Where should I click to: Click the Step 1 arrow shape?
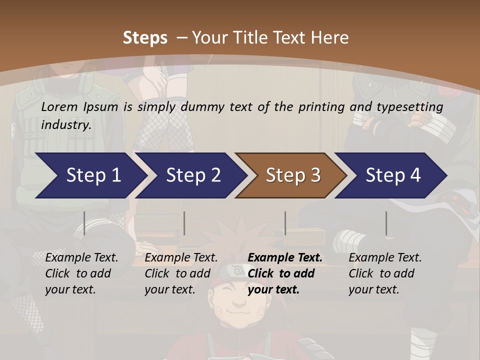tap(90, 175)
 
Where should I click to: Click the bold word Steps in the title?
tap(145, 38)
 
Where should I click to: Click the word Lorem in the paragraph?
tap(59, 106)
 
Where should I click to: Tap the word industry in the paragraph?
tap(66, 124)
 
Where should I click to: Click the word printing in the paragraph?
tap(321, 106)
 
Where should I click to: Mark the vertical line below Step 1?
tap(84, 223)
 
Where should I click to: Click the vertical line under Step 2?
tap(184, 223)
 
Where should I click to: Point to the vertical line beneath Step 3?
tap(285, 223)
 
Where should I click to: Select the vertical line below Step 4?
tap(386, 223)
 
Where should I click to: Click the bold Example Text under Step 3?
tap(285, 257)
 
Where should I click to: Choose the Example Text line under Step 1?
tap(81, 257)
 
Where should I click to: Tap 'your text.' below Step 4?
tap(373, 289)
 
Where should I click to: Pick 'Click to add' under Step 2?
tap(177, 273)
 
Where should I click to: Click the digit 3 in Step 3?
tap(315, 175)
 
